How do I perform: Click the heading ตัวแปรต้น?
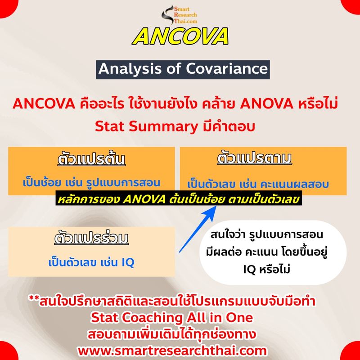[x=91, y=160]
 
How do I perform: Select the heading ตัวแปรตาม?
[x=254, y=159]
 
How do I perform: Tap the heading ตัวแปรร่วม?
[x=91, y=237]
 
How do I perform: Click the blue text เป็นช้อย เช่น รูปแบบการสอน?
[x=92, y=184]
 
